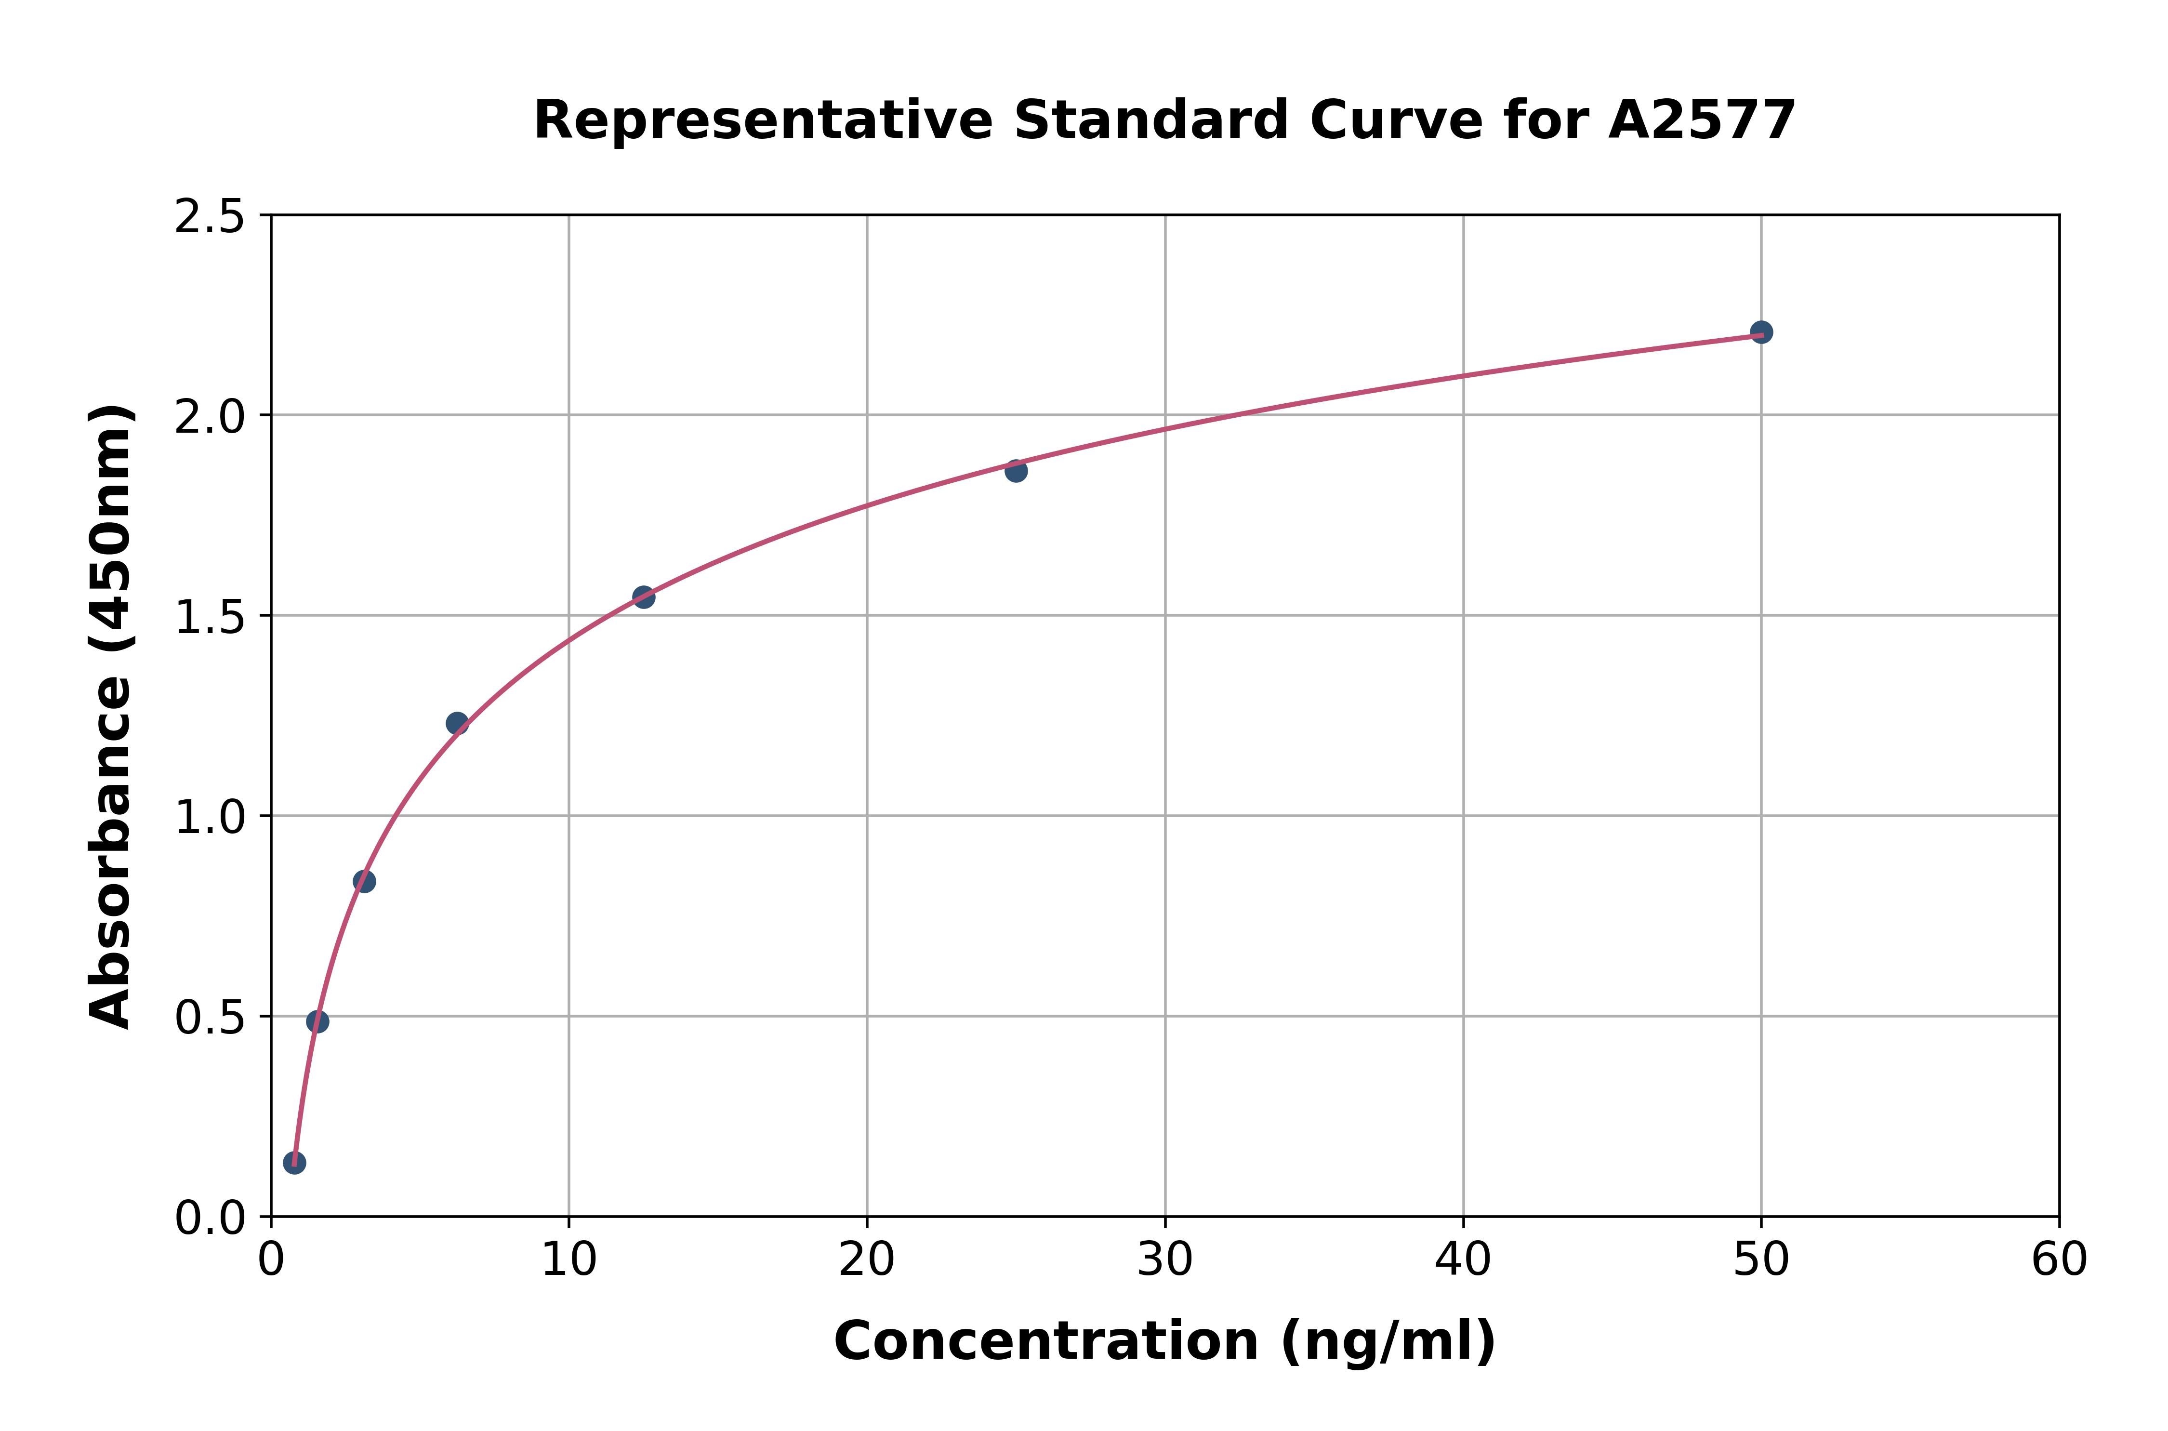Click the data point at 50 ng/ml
tap(1761, 332)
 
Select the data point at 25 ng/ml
tap(1016, 471)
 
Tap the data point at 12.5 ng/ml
tap(643, 597)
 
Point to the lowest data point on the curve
tap(295, 1163)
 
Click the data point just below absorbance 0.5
tap(317, 1021)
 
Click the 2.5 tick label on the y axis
tap(210, 217)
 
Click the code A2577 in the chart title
tap(1702, 120)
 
